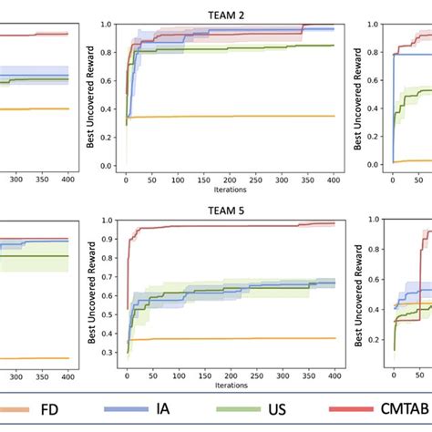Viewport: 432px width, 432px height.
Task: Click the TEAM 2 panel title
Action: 230,13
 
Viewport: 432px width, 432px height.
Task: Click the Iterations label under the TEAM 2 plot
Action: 230,191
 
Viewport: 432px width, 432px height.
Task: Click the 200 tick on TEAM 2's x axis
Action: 231,180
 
